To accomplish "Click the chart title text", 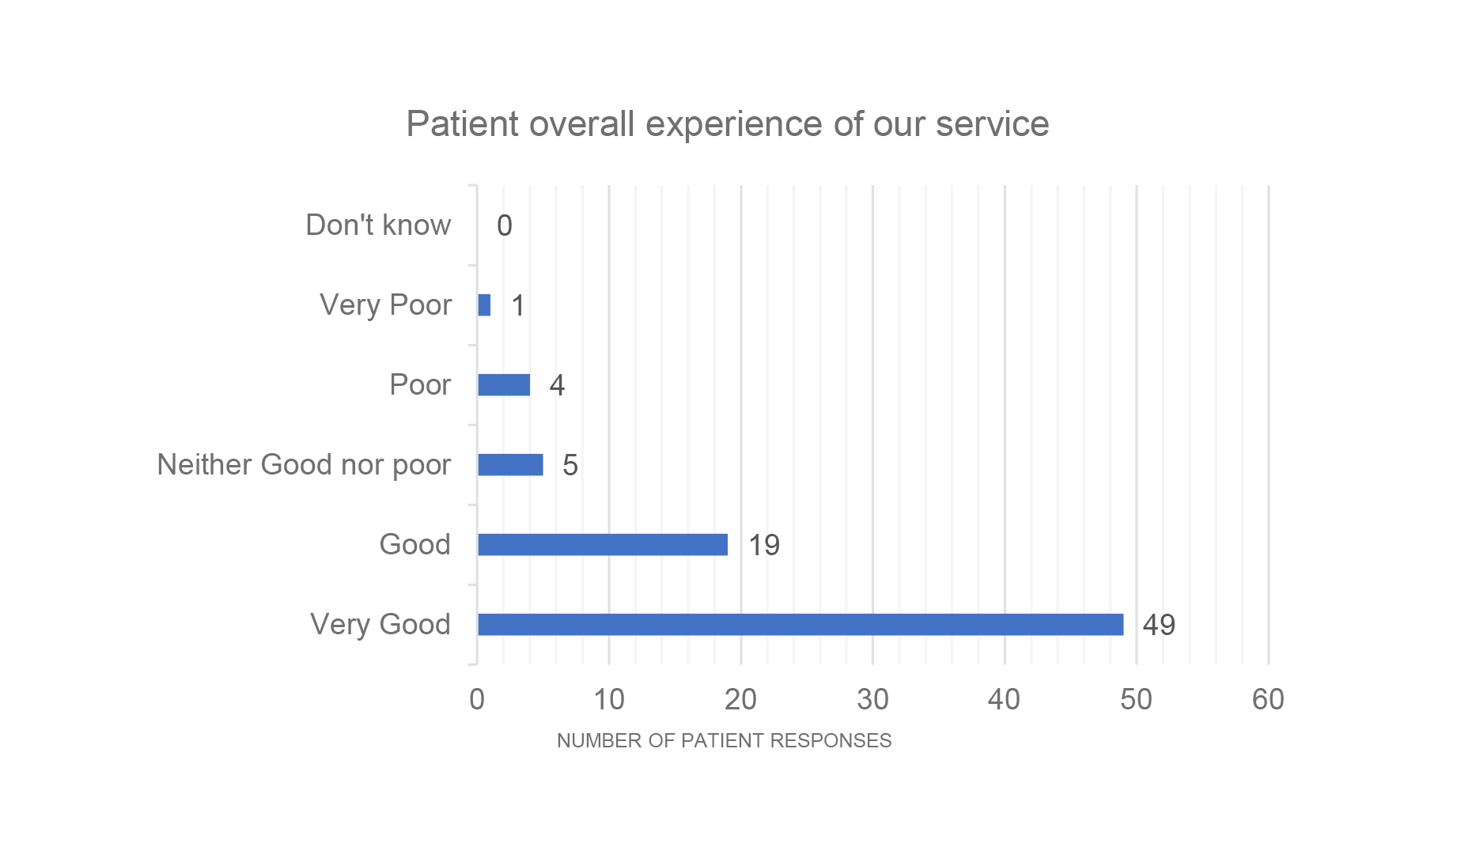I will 727,124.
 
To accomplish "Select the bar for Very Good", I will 800,624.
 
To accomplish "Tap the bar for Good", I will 602,544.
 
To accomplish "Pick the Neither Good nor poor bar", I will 510,464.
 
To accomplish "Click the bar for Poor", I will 504,384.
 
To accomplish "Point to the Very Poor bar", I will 484,304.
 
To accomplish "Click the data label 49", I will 1159,625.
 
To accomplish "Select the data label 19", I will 764,545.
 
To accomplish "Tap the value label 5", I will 570,465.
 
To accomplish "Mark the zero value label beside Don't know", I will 504,226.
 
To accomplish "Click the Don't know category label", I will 378,225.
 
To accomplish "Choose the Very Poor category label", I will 385,304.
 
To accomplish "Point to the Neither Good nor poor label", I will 304,464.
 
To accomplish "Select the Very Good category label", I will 380,624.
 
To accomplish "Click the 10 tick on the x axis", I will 608,699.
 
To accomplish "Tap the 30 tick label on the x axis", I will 872,699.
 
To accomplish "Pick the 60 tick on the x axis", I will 1268,699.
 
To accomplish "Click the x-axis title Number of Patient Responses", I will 724,740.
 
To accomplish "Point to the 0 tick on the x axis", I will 476,699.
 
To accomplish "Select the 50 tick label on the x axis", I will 1136,699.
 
